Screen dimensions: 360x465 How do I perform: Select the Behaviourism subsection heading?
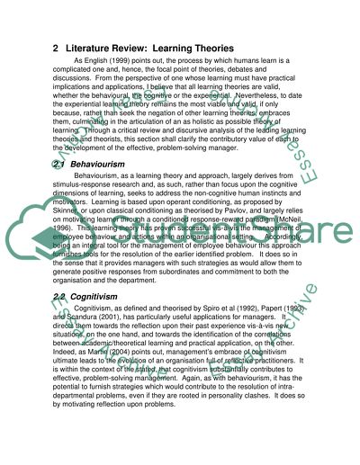click(101, 165)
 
